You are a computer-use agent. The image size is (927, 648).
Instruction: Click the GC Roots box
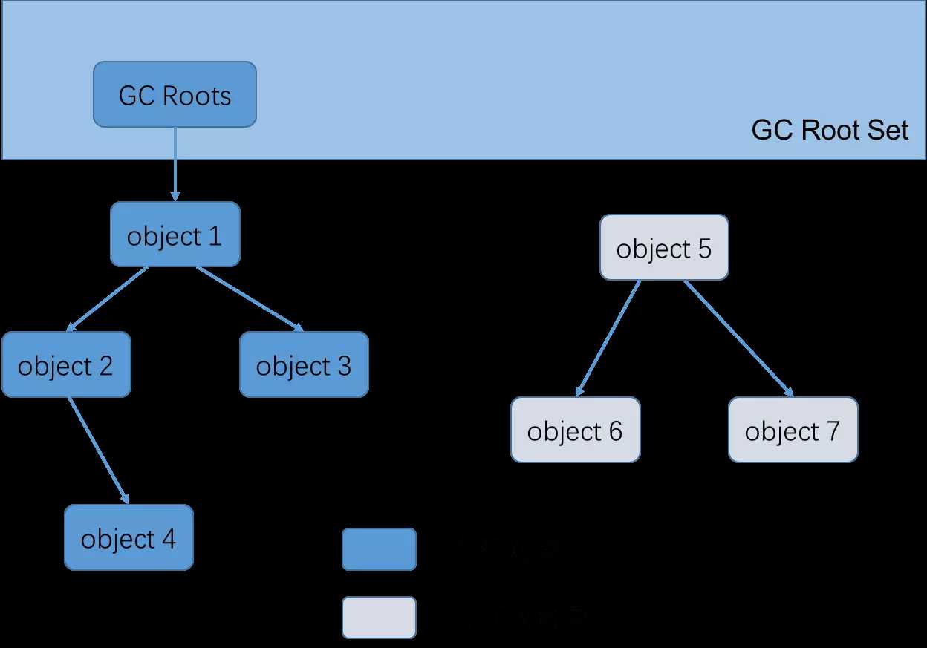[x=175, y=94]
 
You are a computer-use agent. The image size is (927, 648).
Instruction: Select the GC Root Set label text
[x=830, y=131]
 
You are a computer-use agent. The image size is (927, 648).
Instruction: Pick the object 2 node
[x=66, y=364]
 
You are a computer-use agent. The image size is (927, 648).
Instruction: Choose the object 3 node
[x=304, y=364]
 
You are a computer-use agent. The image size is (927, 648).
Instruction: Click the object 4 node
[x=129, y=537]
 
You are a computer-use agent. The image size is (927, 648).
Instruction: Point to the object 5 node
[x=664, y=248]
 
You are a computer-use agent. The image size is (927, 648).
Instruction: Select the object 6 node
[x=575, y=430]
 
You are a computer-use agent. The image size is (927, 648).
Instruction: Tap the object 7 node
[x=793, y=430]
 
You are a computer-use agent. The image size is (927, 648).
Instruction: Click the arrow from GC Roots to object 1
[x=175, y=163]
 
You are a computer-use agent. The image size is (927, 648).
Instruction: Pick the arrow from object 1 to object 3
[x=250, y=298]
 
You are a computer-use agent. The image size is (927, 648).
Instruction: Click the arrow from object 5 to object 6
[x=608, y=338]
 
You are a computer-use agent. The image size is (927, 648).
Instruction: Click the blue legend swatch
[x=379, y=549]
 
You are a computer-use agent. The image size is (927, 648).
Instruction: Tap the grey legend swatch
[x=379, y=617]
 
